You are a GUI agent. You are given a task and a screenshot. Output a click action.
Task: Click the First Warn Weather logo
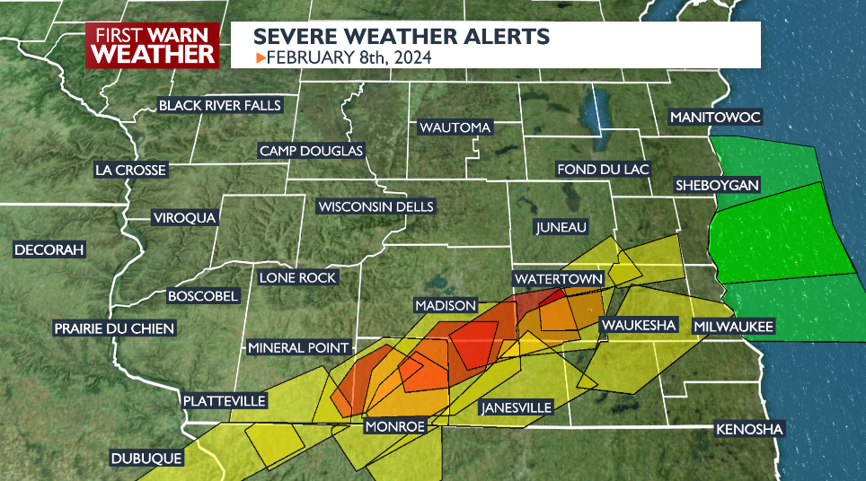pos(154,45)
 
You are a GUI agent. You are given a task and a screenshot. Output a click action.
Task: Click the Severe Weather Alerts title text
pos(401,37)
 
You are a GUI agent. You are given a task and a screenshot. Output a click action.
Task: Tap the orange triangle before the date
pos(261,58)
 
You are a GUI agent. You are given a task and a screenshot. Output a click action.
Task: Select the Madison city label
pos(445,305)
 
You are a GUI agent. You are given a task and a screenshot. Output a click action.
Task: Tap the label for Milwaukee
pos(732,328)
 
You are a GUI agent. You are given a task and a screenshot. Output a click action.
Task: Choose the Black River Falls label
pos(220,106)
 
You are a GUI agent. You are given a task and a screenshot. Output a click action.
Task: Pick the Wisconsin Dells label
pos(376,206)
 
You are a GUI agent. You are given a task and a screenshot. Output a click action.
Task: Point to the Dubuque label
pos(146,458)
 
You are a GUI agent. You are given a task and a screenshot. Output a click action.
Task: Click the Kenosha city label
pos(749,430)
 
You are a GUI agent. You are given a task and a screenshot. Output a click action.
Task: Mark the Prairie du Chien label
pos(114,328)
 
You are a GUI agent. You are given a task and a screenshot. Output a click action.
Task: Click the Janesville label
pos(517,407)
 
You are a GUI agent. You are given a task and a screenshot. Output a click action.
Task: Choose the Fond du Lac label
pos(603,169)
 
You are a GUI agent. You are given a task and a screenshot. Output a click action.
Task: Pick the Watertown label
pos(557,279)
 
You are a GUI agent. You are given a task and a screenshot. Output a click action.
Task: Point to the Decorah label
pos(49,249)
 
